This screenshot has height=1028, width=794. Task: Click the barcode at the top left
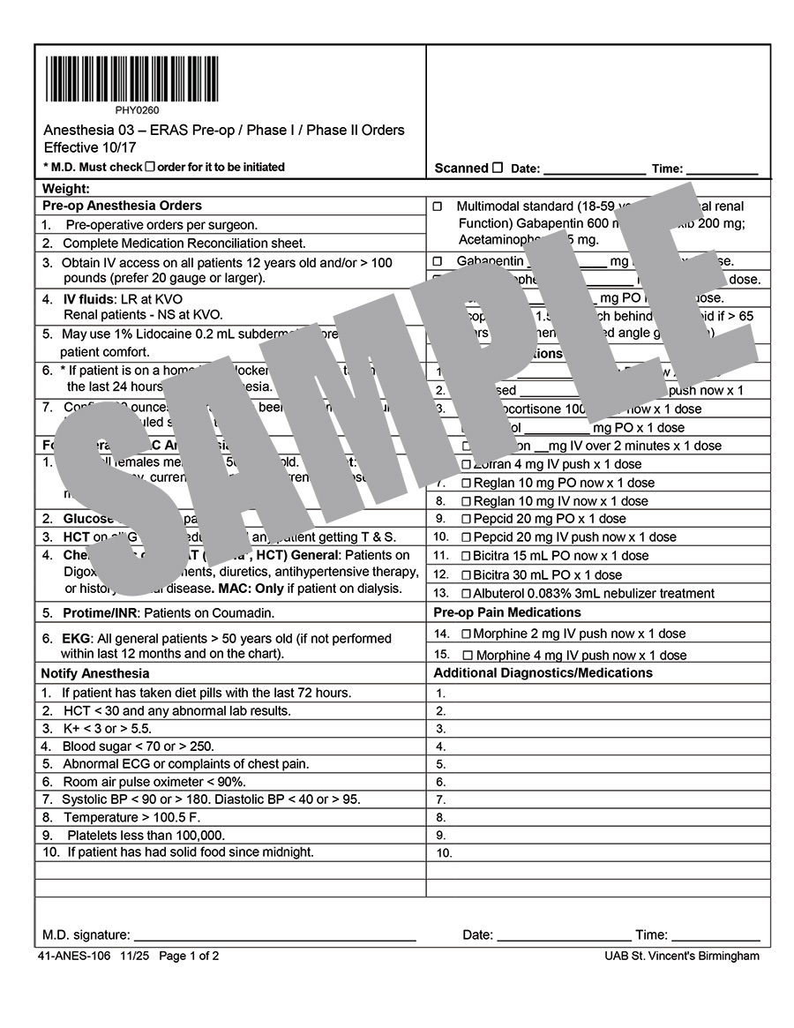click(132, 79)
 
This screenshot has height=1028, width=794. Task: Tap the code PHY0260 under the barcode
click(137, 110)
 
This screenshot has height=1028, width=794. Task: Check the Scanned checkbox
click(498, 168)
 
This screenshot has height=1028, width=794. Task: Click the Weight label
click(66, 188)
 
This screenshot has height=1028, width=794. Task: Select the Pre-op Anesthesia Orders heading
click(122, 206)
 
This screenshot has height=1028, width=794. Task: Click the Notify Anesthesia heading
click(96, 673)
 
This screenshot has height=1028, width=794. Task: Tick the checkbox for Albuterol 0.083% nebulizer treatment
click(467, 594)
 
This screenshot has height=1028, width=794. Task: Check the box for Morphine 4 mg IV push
click(468, 656)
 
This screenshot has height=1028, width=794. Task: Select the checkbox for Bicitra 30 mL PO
click(467, 575)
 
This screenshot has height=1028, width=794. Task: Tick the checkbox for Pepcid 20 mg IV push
click(467, 537)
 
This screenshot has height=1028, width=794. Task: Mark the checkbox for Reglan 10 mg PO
click(467, 484)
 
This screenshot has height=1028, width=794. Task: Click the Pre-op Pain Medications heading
click(506, 612)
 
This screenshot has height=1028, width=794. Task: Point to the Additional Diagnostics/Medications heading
click(543, 673)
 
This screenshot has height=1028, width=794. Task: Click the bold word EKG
click(75, 639)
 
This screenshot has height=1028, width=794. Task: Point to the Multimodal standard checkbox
click(438, 206)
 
